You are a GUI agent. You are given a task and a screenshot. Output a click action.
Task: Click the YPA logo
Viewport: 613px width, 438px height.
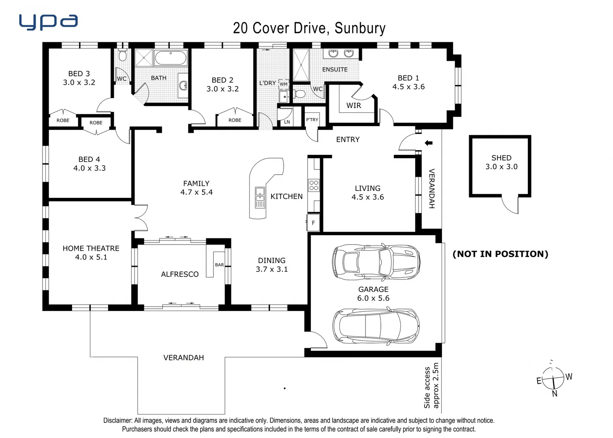tap(48, 22)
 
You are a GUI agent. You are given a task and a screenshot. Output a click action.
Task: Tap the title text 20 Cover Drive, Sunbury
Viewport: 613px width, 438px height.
tap(309, 28)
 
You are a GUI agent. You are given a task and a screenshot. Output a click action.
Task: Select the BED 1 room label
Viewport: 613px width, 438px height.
tap(408, 78)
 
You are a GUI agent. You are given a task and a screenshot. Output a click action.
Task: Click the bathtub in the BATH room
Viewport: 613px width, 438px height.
tap(171, 58)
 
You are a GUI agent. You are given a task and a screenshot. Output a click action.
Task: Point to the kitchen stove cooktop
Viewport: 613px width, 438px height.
tap(314, 185)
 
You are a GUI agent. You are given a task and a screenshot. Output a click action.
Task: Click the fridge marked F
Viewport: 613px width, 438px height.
tap(313, 223)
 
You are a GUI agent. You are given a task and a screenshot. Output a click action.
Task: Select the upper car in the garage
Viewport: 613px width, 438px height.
tap(376, 262)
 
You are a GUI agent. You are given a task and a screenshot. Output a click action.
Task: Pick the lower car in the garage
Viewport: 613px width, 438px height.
tap(376, 326)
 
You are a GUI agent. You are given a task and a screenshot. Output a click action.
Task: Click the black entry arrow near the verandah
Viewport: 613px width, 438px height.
tap(429, 143)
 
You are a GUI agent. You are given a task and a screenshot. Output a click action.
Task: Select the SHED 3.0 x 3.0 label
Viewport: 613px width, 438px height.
tap(501, 162)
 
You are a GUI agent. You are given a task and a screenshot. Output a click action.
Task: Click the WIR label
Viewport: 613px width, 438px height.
tap(353, 105)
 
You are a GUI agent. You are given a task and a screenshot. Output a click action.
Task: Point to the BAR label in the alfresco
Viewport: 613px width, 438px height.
tap(219, 265)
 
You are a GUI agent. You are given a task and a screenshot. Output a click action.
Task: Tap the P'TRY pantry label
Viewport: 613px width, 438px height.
tap(312, 120)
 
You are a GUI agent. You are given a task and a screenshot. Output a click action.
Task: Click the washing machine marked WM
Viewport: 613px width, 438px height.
tap(284, 84)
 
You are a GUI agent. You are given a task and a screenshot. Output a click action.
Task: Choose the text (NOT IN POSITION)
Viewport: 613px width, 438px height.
tap(500, 254)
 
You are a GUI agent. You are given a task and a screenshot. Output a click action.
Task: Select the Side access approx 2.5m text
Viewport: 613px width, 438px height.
tap(431, 385)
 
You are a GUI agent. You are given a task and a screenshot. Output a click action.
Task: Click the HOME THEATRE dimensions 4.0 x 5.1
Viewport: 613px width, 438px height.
tap(91, 257)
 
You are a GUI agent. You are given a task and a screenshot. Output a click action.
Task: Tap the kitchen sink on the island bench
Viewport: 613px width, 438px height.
tap(260, 198)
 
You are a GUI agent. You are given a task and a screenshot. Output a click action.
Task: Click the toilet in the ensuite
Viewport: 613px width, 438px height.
tap(300, 94)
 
